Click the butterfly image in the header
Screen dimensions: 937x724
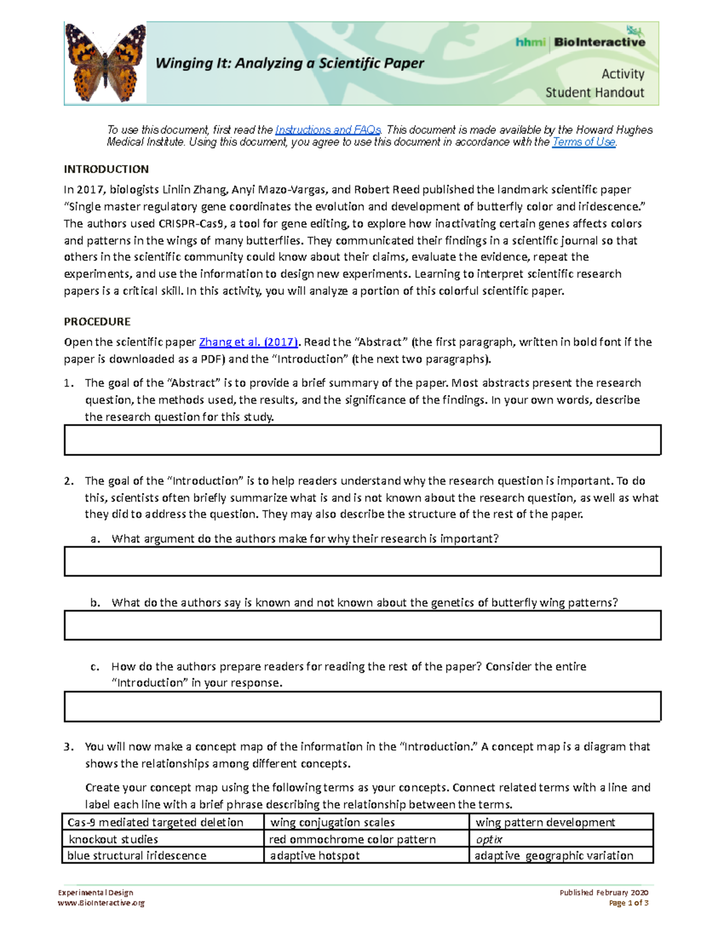105,63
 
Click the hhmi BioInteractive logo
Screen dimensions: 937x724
580,42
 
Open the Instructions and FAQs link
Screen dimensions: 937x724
328,130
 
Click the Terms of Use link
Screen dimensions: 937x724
583,142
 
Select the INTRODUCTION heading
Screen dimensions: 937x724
106,170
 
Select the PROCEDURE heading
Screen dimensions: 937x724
97,322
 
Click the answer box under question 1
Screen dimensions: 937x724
362,440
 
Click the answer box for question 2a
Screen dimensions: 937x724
362,562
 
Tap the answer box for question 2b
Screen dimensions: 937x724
362,625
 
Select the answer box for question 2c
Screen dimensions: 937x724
362,707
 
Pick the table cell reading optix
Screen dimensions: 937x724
561,839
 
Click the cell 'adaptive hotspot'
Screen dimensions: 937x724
366,856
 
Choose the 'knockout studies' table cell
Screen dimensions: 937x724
163,839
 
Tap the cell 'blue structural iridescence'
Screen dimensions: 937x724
163,856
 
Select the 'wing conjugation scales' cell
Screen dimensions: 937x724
366,822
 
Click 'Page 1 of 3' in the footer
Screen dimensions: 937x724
629,903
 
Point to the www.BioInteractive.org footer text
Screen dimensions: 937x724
101,903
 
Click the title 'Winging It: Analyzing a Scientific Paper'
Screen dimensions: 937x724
290,63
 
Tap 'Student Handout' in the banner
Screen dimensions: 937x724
594,93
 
